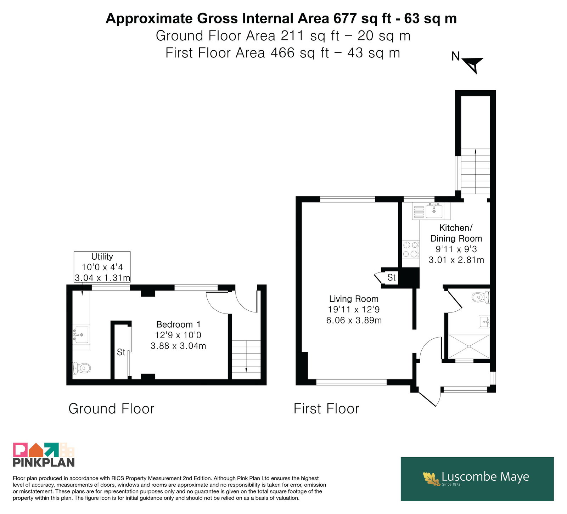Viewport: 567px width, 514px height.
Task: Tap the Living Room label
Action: [354, 299]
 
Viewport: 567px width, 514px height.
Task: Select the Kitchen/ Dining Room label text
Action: [456, 233]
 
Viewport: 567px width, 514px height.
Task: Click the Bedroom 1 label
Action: [178, 324]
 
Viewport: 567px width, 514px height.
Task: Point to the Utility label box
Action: [102, 267]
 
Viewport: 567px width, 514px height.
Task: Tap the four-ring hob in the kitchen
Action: [410, 249]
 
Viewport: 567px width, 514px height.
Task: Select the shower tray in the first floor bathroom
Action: [469, 346]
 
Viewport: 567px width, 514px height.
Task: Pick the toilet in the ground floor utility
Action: [81, 368]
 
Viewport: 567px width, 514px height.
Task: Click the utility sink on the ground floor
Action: [81, 334]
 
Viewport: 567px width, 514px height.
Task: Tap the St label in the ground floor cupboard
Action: [121, 352]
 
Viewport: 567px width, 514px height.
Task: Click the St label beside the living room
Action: [391, 277]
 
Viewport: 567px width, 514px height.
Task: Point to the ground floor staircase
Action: [246, 357]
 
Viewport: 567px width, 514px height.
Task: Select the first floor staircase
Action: [475, 171]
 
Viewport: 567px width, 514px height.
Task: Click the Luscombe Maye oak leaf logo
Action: [432, 479]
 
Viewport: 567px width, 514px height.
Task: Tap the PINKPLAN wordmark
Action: [44, 462]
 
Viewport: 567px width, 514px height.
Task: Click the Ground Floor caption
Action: [111, 408]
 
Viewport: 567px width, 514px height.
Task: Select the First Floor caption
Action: [326, 408]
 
